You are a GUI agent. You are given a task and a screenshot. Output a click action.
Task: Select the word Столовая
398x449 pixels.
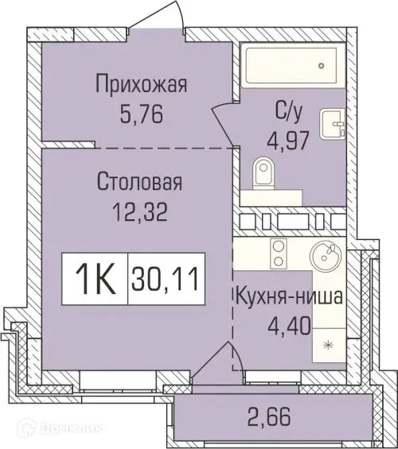coord(140,182)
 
